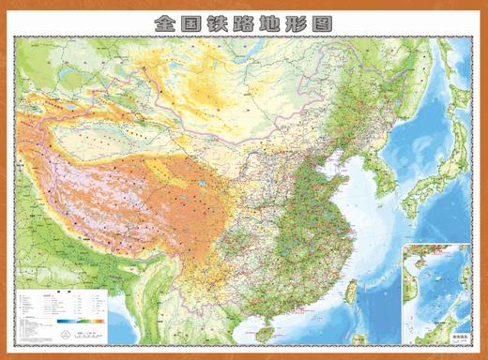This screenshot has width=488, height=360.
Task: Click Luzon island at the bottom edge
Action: point(355,342)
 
